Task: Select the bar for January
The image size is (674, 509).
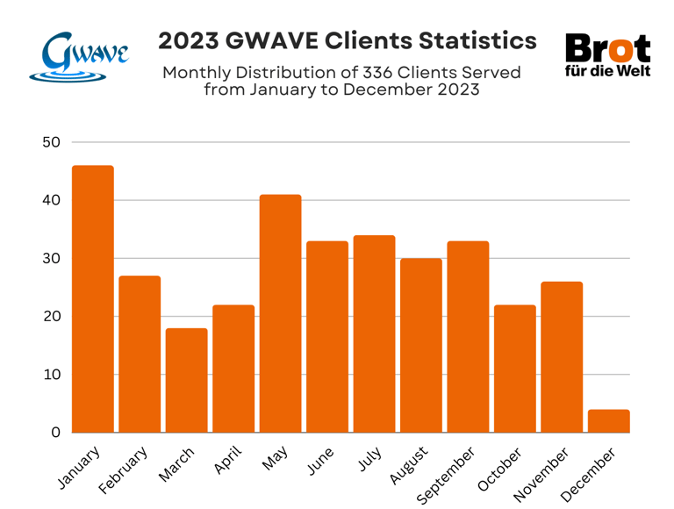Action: (93, 298)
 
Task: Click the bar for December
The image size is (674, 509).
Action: (608, 421)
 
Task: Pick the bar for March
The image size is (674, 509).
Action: (186, 380)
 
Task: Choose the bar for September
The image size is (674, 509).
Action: (468, 336)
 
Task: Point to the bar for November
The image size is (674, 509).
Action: (562, 356)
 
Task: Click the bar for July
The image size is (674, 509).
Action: (374, 333)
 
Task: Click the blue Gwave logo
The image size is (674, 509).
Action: (78, 57)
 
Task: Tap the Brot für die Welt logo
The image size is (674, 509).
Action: (607, 54)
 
